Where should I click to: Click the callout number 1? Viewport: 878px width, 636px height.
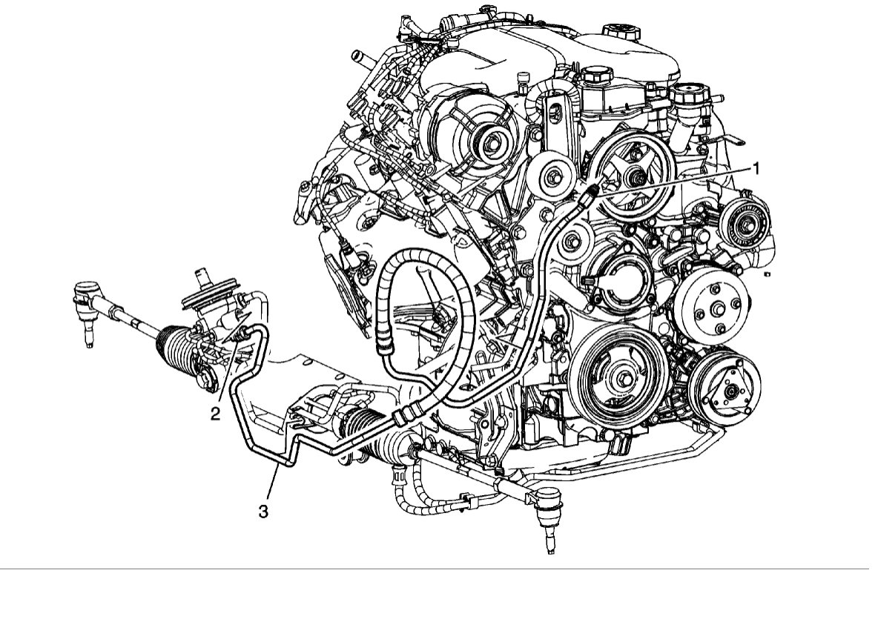click(756, 168)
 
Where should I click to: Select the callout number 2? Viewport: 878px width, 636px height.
click(215, 414)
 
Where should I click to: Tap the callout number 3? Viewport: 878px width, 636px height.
click(263, 511)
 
